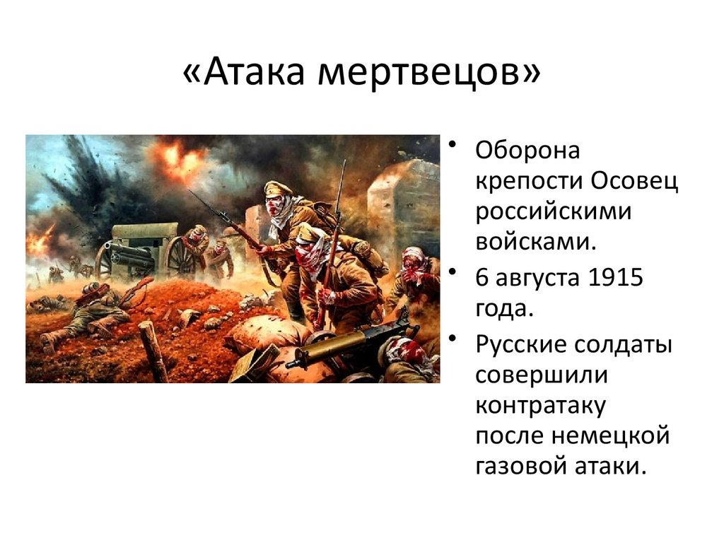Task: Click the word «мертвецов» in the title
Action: (417, 74)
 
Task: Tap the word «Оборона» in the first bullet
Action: (527, 151)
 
